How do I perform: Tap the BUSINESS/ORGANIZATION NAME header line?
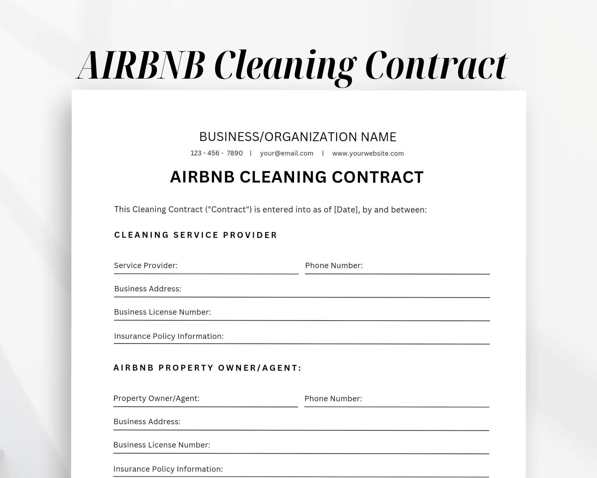[298, 137]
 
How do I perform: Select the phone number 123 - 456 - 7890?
[216, 153]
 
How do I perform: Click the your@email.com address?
[287, 153]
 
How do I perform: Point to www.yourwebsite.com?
[368, 153]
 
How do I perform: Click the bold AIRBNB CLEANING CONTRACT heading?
[297, 177]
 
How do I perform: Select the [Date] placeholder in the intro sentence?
[346, 210]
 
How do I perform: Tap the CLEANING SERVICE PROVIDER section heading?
[195, 235]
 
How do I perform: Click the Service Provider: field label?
[146, 265]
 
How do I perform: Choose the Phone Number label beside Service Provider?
[334, 265]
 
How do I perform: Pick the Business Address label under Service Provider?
[148, 289]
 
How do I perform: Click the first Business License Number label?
[162, 312]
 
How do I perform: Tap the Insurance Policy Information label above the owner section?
[169, 336]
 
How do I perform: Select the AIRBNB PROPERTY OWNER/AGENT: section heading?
[207, 368]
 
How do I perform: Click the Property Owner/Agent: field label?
[156, 398]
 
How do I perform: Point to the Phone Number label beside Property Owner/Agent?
[333, 398]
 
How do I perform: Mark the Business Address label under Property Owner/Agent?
[147, 422]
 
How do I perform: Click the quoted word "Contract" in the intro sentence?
[228, 210]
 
